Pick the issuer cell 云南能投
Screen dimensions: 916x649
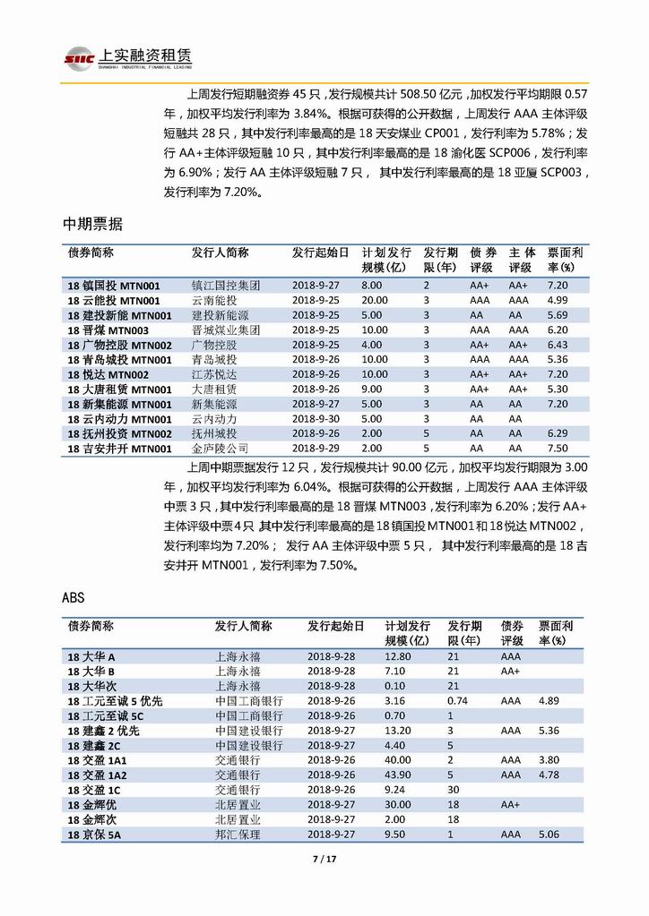pos(213,300)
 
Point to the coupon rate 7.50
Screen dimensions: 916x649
pos(557,449)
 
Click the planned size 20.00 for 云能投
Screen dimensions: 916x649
pos(375,300)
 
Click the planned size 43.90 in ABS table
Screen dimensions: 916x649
pos(400,775)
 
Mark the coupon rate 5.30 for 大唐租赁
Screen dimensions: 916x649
pos(557,390)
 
